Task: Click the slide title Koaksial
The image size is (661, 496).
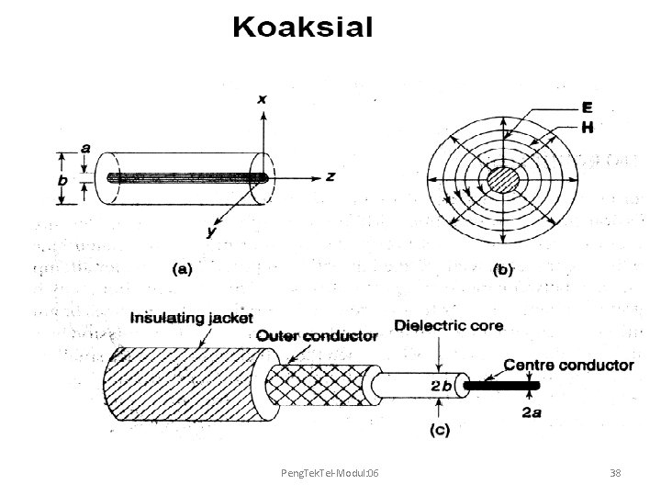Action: [302, 28]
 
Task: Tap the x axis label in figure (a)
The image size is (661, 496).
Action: [263, 97]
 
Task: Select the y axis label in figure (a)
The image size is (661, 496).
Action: [211, 232]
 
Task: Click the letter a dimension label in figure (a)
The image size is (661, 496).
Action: [85, 147]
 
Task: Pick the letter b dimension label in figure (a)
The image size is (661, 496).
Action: [62, 181]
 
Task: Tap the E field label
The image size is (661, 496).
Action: [586, 107]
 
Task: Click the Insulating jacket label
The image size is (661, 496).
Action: [191, 318]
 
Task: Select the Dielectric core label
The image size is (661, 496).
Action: [448, 324]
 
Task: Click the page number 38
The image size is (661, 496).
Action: [615, 472]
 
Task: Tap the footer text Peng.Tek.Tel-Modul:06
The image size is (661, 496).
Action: [330, 472]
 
